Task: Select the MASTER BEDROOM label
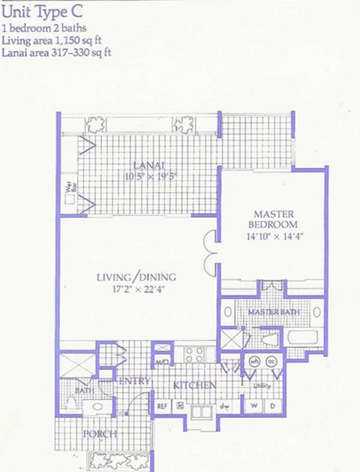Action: pos(275,219)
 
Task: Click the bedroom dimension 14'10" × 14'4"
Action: pos(275,236)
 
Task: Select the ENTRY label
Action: pos(134,381)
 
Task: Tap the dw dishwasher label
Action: pos(223,406)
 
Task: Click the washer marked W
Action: pos(253,406)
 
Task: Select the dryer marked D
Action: pos(271,406)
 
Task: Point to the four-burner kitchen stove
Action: pos(195,354)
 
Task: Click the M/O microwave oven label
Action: pos(162,363)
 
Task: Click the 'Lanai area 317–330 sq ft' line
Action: pos(57,52)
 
